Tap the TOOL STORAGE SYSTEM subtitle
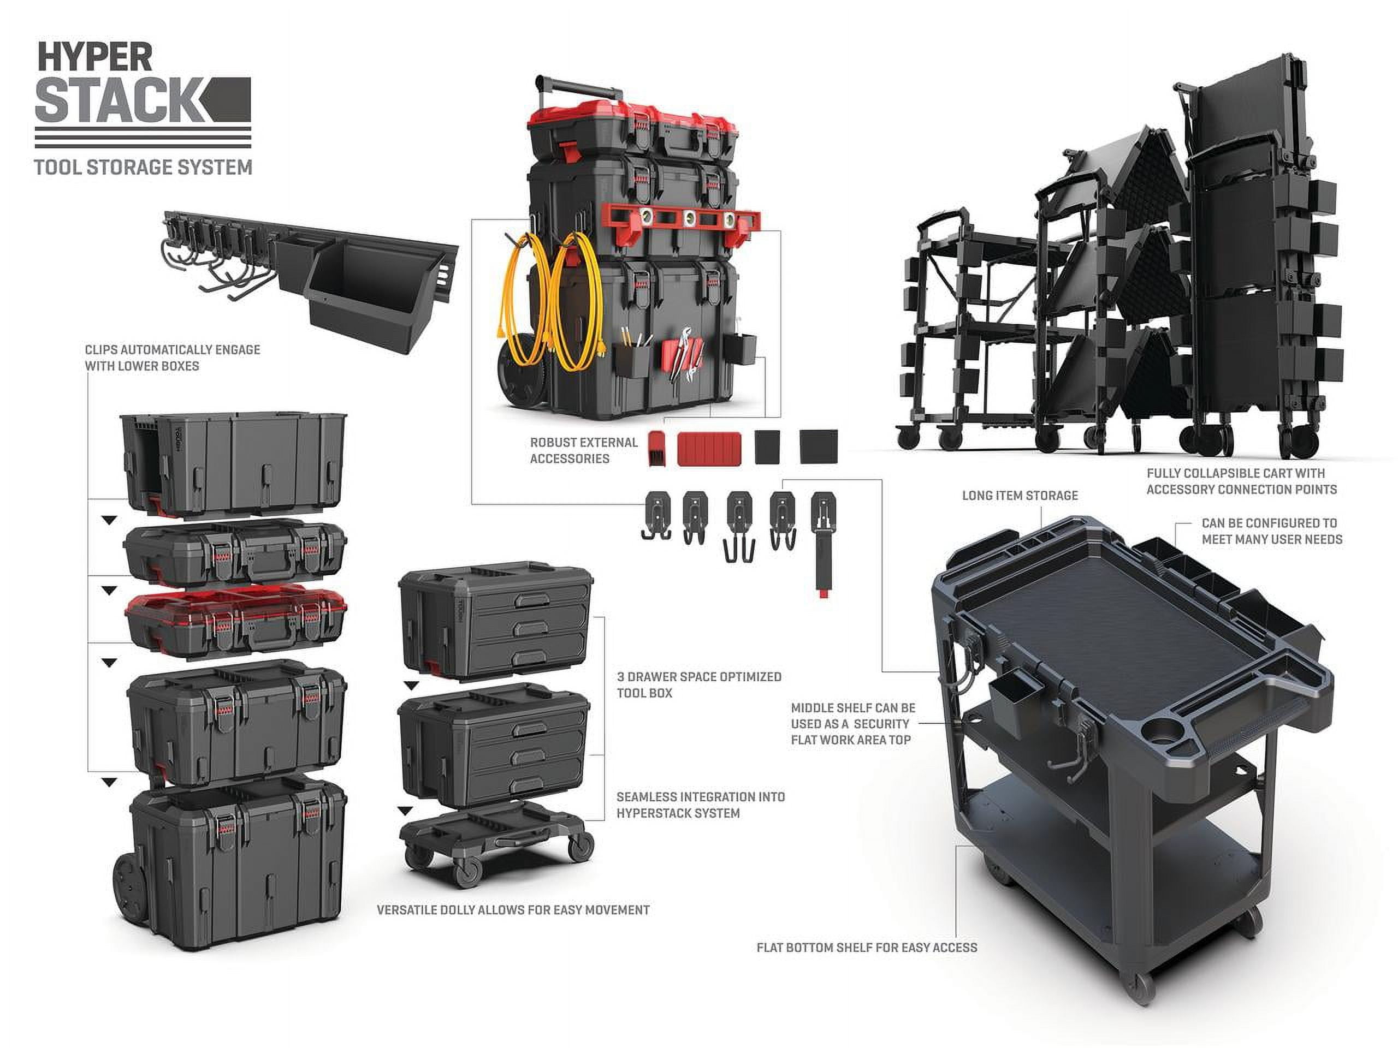point(143,168)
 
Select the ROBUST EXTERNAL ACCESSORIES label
point(583,450)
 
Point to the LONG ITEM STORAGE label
point(1020,496)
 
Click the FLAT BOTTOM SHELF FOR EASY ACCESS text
point(867,948)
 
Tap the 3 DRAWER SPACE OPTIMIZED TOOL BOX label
point(699,685)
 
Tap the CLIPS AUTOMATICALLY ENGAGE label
point(172,358)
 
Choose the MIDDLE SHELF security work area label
point(852,724)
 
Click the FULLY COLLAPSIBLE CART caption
point(1241,481)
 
